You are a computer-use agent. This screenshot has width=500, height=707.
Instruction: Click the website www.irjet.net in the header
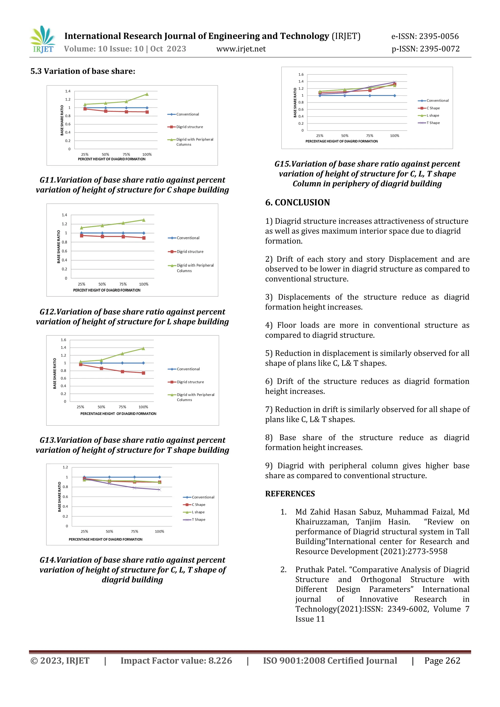click(x=241, y=49)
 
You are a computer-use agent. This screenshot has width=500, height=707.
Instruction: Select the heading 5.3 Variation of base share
click(x=83, y=71)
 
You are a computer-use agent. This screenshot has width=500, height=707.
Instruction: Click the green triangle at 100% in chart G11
click(x=147, y=94)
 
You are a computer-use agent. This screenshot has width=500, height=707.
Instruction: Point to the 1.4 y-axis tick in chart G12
click(x=64, y=215)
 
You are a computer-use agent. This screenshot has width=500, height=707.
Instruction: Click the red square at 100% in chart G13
click(x=144, y=373)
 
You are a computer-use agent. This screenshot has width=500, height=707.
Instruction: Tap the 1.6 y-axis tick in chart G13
click(x=63, y=340)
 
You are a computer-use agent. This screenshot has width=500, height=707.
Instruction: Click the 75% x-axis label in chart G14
click(x=135, y=531)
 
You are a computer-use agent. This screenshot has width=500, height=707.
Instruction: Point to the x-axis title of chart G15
click(x=342, y=141)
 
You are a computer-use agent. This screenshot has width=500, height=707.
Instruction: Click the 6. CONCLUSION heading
click(x=297, y=202)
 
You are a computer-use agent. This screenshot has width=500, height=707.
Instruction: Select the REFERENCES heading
click(x=290, y=494)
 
